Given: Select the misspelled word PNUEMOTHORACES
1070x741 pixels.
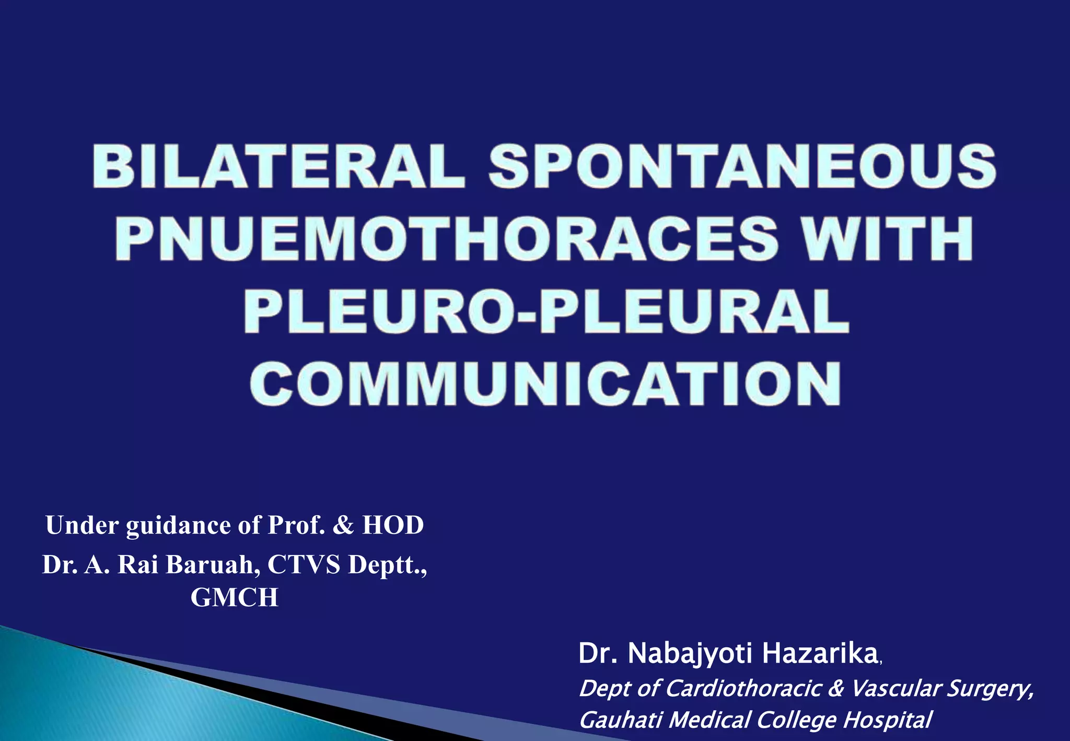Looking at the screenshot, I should [x=447, y=239].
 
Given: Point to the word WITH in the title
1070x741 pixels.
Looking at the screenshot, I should [x=888, y=239].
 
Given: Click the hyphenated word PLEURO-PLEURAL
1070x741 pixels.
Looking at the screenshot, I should [x=546, y=311].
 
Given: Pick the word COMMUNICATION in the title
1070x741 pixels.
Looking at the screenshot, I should [x=545, y=384].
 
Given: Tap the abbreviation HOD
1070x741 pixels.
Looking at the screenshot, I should [x=393, y=525].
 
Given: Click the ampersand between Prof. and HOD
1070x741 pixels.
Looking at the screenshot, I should [x=343, y=525].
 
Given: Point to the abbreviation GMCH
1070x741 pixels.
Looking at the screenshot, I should [x=234, y=597].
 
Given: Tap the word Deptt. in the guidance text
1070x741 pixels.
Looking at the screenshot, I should [x=387, y=564].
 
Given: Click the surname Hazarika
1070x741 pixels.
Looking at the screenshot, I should [x=819, y=653].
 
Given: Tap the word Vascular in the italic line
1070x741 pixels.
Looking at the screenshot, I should [x=895, y=688].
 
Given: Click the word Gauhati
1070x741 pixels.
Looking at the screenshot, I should [x=621, y=720].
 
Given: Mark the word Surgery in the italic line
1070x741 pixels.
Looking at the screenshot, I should [x=990, y=688].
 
